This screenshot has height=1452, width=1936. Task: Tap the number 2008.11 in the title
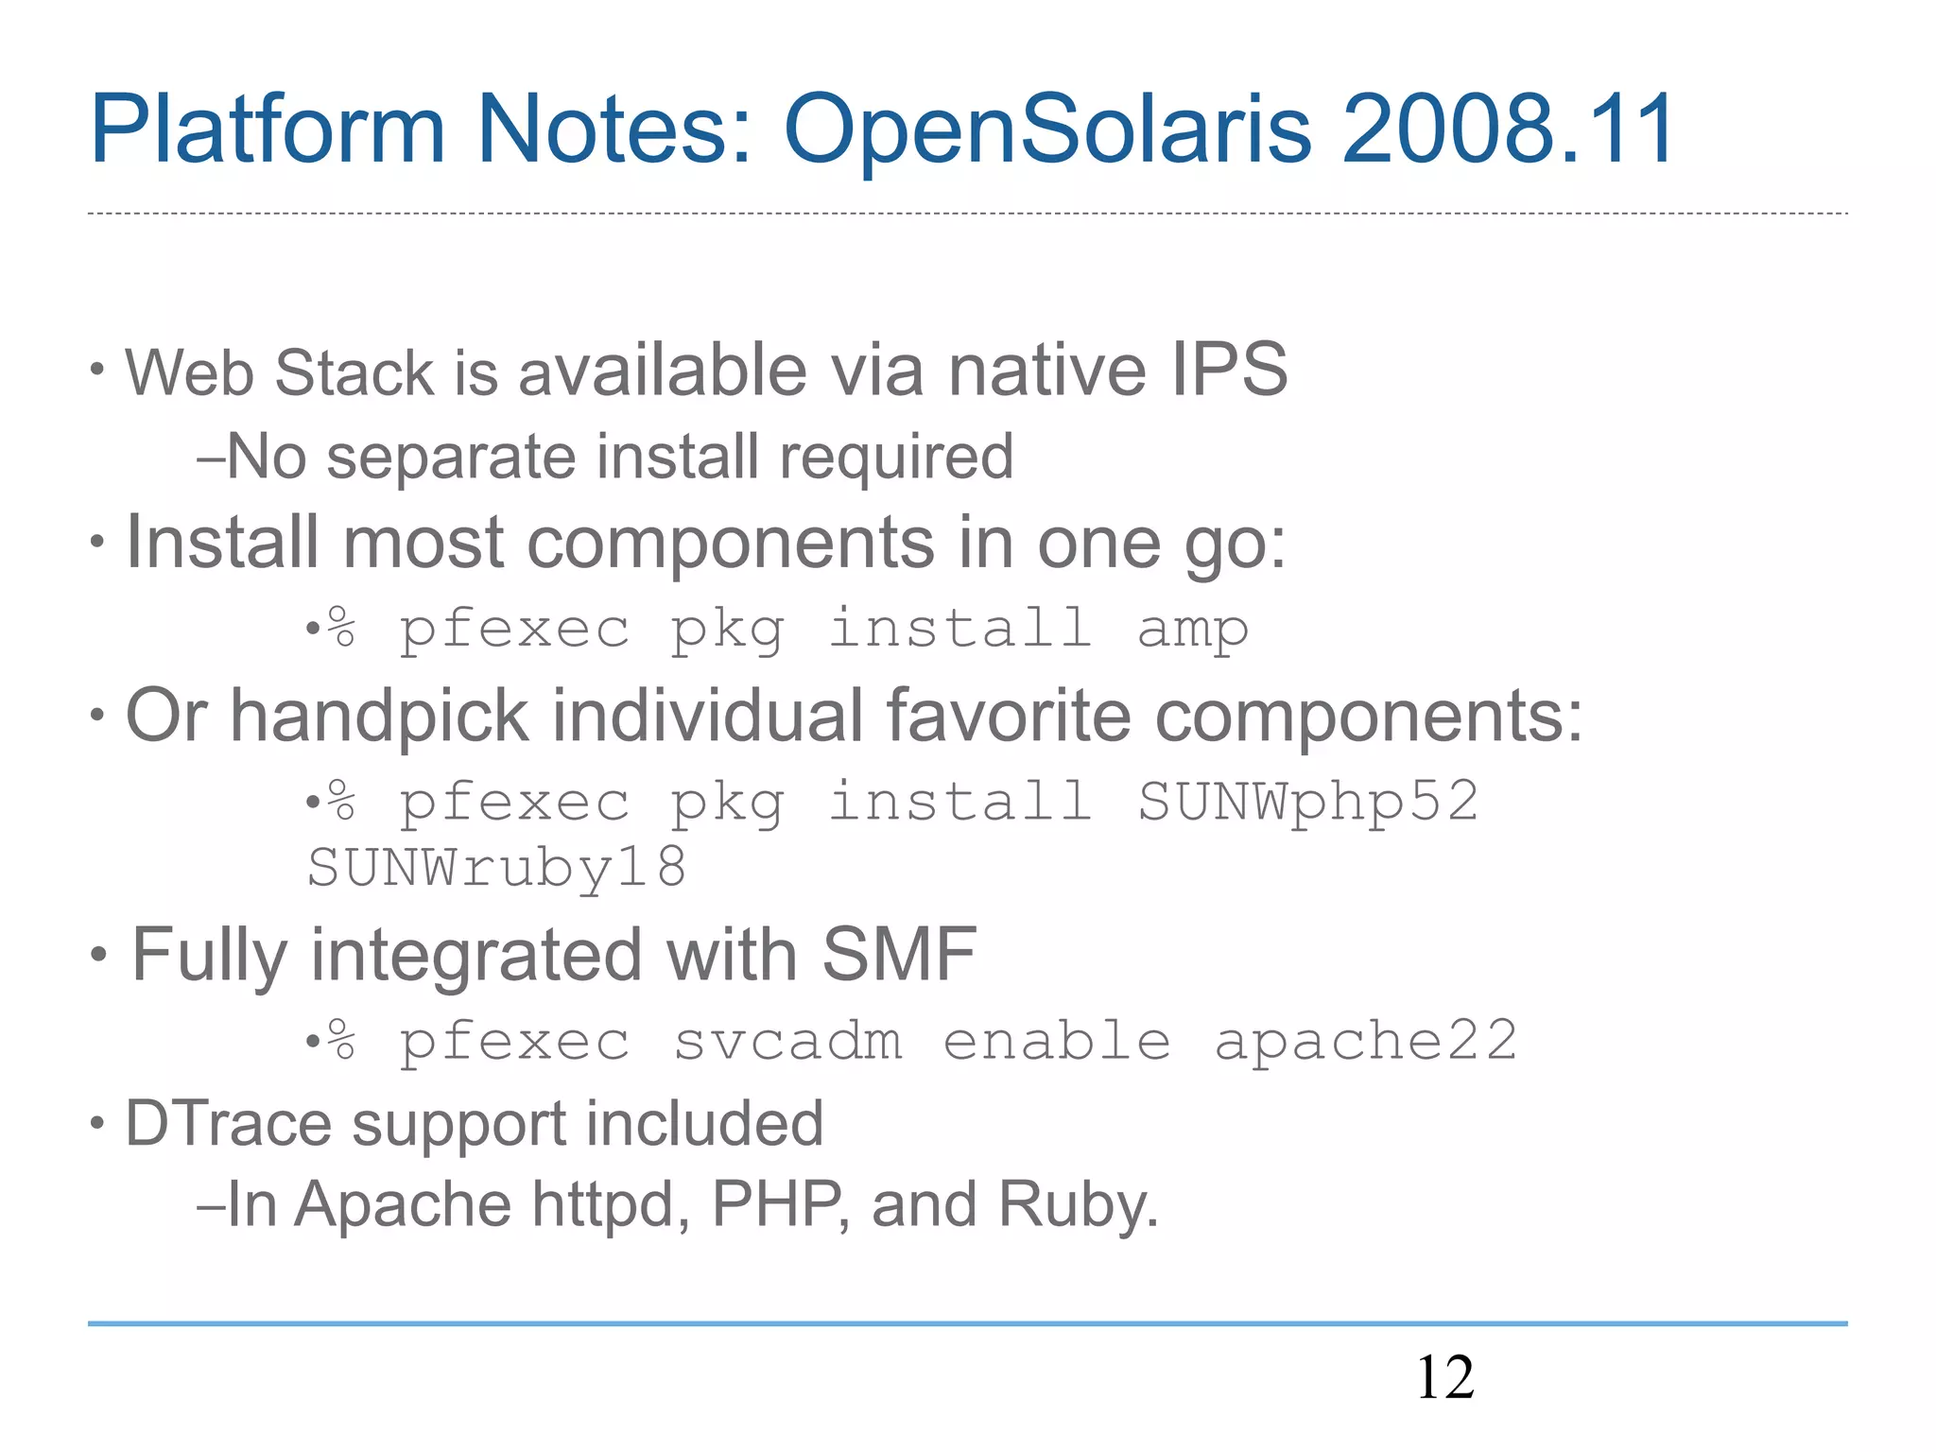coord(1508,130)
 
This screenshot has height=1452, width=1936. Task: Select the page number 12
coord(1444,1377)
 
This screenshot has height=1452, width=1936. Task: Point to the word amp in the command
coord(1192,631)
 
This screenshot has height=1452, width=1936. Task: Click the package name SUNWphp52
coord(1307,803)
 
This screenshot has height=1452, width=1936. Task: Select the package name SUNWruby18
coord(497,868)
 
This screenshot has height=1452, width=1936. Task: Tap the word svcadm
coord(787,1042)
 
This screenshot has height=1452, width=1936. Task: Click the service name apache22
coord(1365,1042)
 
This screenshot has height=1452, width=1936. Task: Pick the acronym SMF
coord(899,955)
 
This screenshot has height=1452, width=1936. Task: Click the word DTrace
coord(228,1124)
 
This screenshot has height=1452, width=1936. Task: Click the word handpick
coord(379,717)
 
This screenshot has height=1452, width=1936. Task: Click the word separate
coord(450,458)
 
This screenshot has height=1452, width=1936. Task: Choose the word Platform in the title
coord(268,130)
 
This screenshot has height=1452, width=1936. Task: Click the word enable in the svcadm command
coord(1057,1042)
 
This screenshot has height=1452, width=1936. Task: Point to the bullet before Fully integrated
coord(99,955)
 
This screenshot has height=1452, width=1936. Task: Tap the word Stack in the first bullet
coord(354,372)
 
